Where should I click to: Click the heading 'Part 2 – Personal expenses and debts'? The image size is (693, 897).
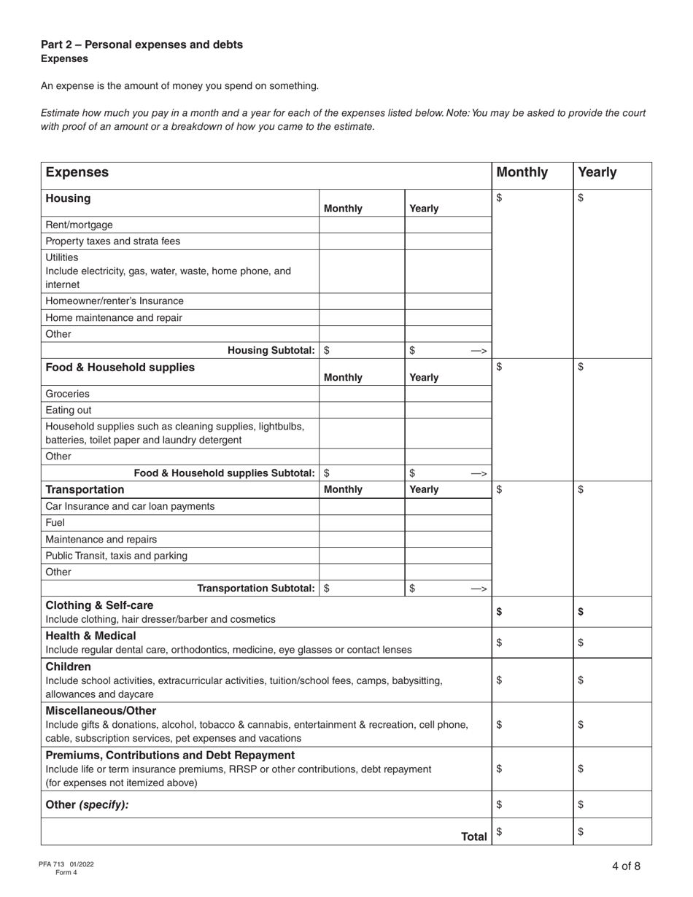click(142, 44)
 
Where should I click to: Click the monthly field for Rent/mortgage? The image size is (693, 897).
click(362, 225)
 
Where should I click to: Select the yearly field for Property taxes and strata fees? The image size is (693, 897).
click(447, 241)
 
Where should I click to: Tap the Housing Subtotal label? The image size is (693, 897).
click(271, 350)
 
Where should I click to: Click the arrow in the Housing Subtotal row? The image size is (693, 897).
click(479, 351)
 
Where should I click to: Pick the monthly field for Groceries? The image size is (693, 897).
click(362, 394)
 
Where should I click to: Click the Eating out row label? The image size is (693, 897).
click(69, 410)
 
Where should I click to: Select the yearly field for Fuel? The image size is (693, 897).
click(447, 523)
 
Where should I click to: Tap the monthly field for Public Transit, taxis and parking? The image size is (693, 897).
click(362, 556)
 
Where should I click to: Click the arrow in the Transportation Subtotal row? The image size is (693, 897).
click(479, 589)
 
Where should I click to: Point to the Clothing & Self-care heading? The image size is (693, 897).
click(100, 605)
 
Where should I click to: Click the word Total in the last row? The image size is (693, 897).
click(474, 836)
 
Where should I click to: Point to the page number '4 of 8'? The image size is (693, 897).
click(626, 866)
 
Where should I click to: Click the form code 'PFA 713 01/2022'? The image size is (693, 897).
click(66, 864)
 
